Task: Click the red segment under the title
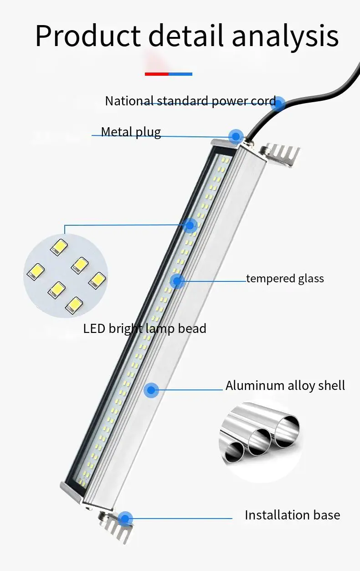[x=157, y=74]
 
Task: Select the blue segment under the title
[x=180, y=74]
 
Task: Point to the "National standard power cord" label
[x=190, y=101]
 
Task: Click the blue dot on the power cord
[x=279, y=104]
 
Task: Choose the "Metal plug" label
[x=131, y=132]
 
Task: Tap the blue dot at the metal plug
[x=236, y=135]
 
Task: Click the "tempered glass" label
[x=285, y=278]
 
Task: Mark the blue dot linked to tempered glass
[x=177, y=281]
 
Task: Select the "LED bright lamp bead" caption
[x=144, y=328]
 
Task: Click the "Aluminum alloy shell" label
[x=285, y=386]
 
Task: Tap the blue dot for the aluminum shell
[x=151, y=390]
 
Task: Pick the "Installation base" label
[x=292, y=515]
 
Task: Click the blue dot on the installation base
[x=125, y=519]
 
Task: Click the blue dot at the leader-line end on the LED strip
[x=190, y=225]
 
